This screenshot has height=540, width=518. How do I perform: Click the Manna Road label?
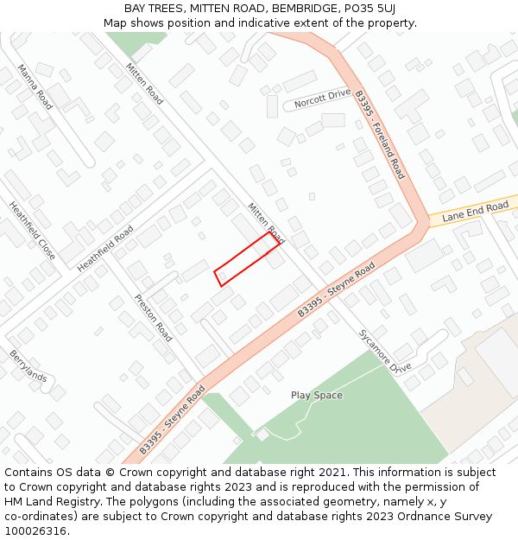(35, 87)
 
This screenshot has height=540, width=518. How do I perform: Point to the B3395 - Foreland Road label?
(379, 136)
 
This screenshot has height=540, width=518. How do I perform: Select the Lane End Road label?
(475, 212)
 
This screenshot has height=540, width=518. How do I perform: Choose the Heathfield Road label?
(105, 249)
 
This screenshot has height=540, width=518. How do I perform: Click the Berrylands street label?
(28, 365)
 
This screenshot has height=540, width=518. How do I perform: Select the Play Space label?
(316, 395)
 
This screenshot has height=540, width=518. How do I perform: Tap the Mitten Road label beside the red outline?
(265, 221)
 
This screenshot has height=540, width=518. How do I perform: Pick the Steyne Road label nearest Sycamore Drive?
(337, 289)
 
